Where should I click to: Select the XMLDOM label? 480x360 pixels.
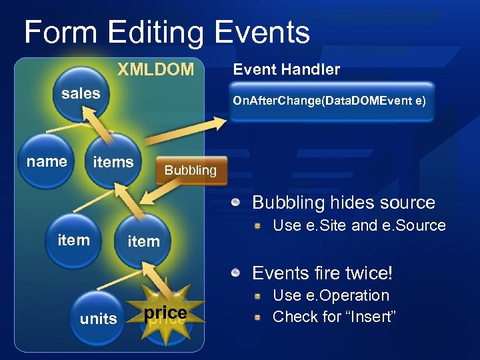155,69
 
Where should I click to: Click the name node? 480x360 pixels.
47,161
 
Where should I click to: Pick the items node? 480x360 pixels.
113,161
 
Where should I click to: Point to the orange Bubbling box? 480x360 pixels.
190,170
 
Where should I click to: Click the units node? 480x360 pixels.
98,318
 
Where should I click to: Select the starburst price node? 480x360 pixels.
165,313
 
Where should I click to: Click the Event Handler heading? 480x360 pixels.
286,69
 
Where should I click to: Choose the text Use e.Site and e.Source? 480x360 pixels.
359,225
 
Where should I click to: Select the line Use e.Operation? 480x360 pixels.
331,295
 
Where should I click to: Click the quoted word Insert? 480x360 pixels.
369,317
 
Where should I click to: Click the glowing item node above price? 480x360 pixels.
143,240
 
